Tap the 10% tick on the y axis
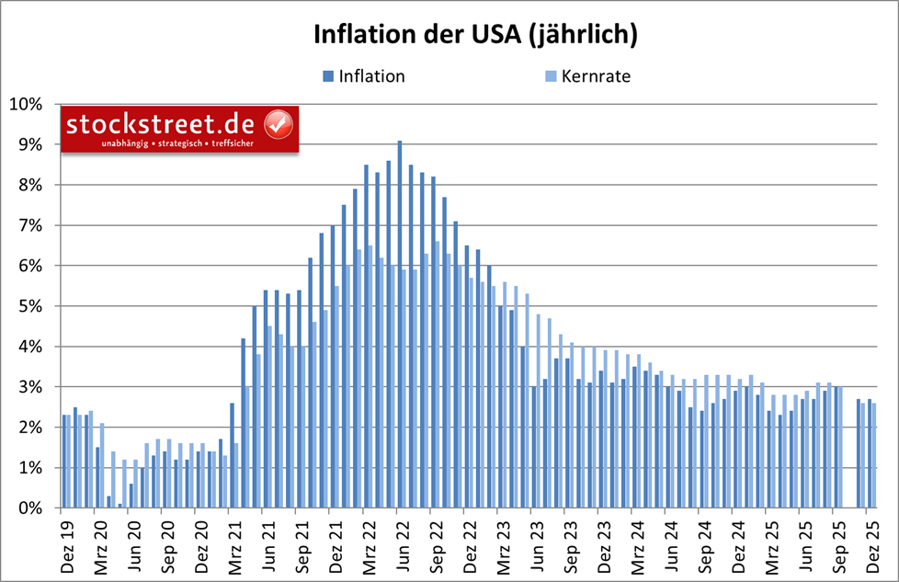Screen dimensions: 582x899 (x=26, y=104)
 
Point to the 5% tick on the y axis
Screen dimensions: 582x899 (x=29, y=306)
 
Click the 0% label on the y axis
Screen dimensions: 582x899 (x=29, y=508)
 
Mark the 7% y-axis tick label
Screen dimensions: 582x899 (x=29, y=225)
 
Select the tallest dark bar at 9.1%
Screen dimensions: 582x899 (x=400, y=324)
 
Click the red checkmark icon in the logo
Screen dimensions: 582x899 (x=278, y=124)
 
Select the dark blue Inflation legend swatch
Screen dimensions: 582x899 (x=328, y=76)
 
